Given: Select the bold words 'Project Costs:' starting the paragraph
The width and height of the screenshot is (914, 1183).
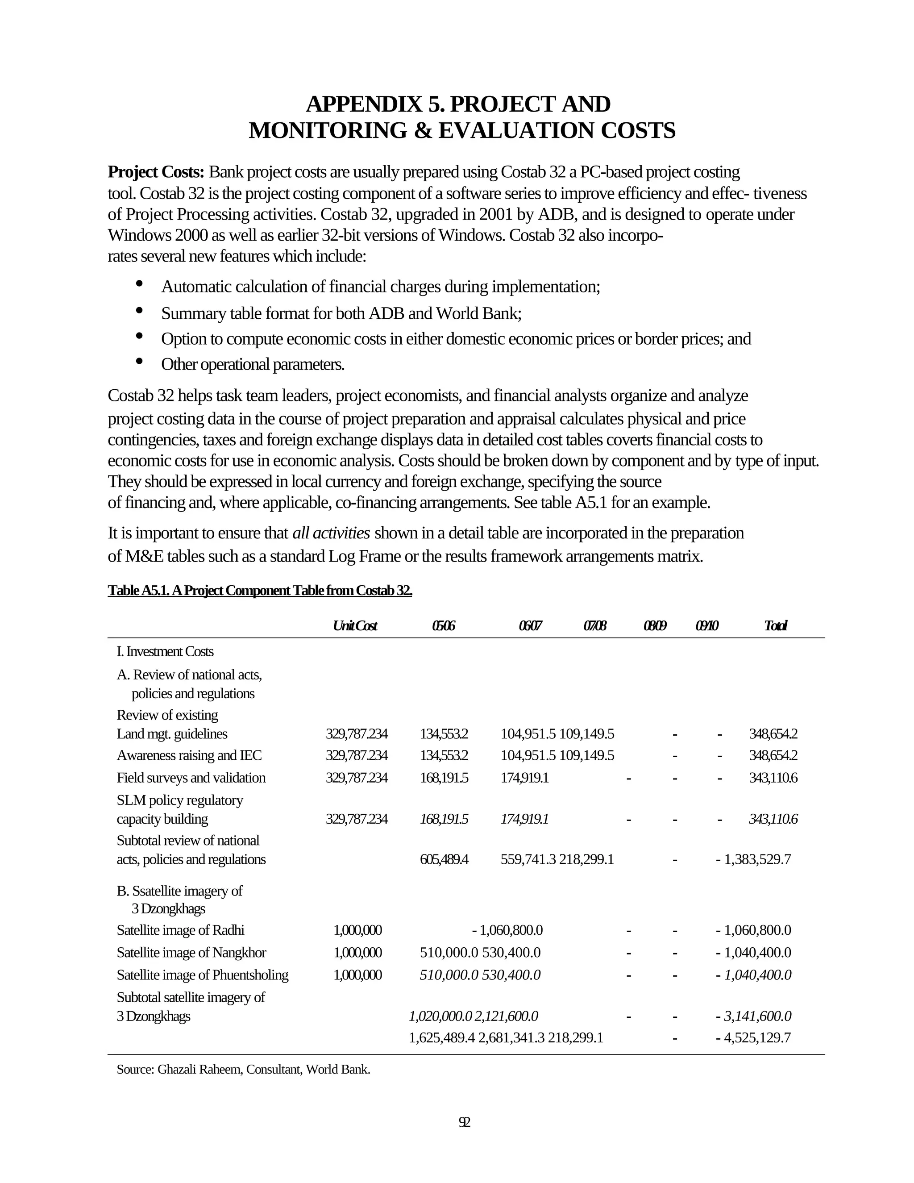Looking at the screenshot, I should coord(156,172).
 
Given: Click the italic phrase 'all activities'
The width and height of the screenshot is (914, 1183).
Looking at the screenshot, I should coord(331,533).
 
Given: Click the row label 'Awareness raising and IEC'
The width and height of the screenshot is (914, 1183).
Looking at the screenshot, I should coord(189,755).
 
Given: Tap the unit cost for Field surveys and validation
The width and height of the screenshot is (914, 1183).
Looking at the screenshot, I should coord(356,778).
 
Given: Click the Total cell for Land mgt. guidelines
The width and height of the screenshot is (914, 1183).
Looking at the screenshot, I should coord(773,734).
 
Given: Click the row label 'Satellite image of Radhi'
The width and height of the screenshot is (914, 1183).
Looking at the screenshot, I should coord(180,930).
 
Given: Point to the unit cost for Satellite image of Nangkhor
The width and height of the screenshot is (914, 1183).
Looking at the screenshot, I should coord(357,952).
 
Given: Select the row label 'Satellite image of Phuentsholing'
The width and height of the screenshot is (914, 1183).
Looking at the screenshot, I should coord(202,975).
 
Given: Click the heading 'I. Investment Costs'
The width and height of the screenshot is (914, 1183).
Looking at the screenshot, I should coord(165,652).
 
